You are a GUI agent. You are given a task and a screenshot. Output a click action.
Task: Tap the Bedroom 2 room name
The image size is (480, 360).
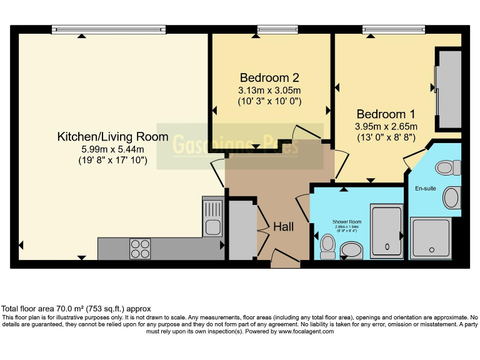click(x=269, y=78)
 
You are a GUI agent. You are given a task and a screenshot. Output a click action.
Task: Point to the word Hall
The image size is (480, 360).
click(x=283, y=227)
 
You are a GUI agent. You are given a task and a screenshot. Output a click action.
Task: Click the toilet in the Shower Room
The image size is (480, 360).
click(x=327, y=246)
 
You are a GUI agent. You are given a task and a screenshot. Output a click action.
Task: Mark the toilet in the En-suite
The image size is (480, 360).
click(x=447, y=167)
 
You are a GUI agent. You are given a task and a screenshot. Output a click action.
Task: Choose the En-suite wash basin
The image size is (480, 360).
click(x=451, y=198)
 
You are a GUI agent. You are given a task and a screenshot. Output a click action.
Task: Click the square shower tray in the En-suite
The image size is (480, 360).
click(x=431, y=237)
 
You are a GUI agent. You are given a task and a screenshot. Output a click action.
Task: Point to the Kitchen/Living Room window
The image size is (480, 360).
click(x=109, y=28)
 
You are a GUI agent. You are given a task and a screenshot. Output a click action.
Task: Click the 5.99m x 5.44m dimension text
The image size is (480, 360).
click(x=112, y=149)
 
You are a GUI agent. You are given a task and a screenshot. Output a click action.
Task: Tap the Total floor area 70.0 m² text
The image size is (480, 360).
click(x=76, y=309)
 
